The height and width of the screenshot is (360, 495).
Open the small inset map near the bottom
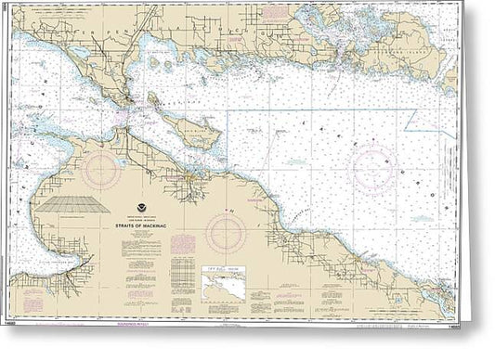228,276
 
